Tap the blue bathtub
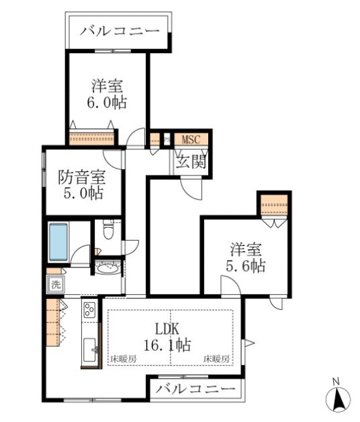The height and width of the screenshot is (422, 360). [58, 242]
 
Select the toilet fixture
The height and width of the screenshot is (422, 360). [108, 230]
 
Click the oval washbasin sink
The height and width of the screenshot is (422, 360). [107, 268]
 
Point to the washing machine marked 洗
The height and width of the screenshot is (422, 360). [56, 284]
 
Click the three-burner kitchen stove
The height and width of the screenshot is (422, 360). [90, 310]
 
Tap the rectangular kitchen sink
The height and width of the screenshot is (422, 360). [89, 350]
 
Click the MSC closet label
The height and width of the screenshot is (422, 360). [191, 139]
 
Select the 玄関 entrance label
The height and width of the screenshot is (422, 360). [191, 162]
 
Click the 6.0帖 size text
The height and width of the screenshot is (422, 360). [107, 102]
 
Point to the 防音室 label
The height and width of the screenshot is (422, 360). [81, 177]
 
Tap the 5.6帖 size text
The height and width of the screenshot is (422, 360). [245, 266]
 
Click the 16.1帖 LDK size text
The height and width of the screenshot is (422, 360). [167, 345]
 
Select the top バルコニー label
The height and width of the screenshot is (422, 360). [120, 31]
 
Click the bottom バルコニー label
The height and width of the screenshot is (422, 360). [195, 388]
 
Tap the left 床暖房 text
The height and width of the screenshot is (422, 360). [123, 359]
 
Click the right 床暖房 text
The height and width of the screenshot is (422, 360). [216, 359]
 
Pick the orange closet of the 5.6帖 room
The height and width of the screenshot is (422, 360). [274, 205]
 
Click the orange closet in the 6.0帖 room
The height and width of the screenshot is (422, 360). [91, 138]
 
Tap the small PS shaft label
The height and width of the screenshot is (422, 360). [167, 139]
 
